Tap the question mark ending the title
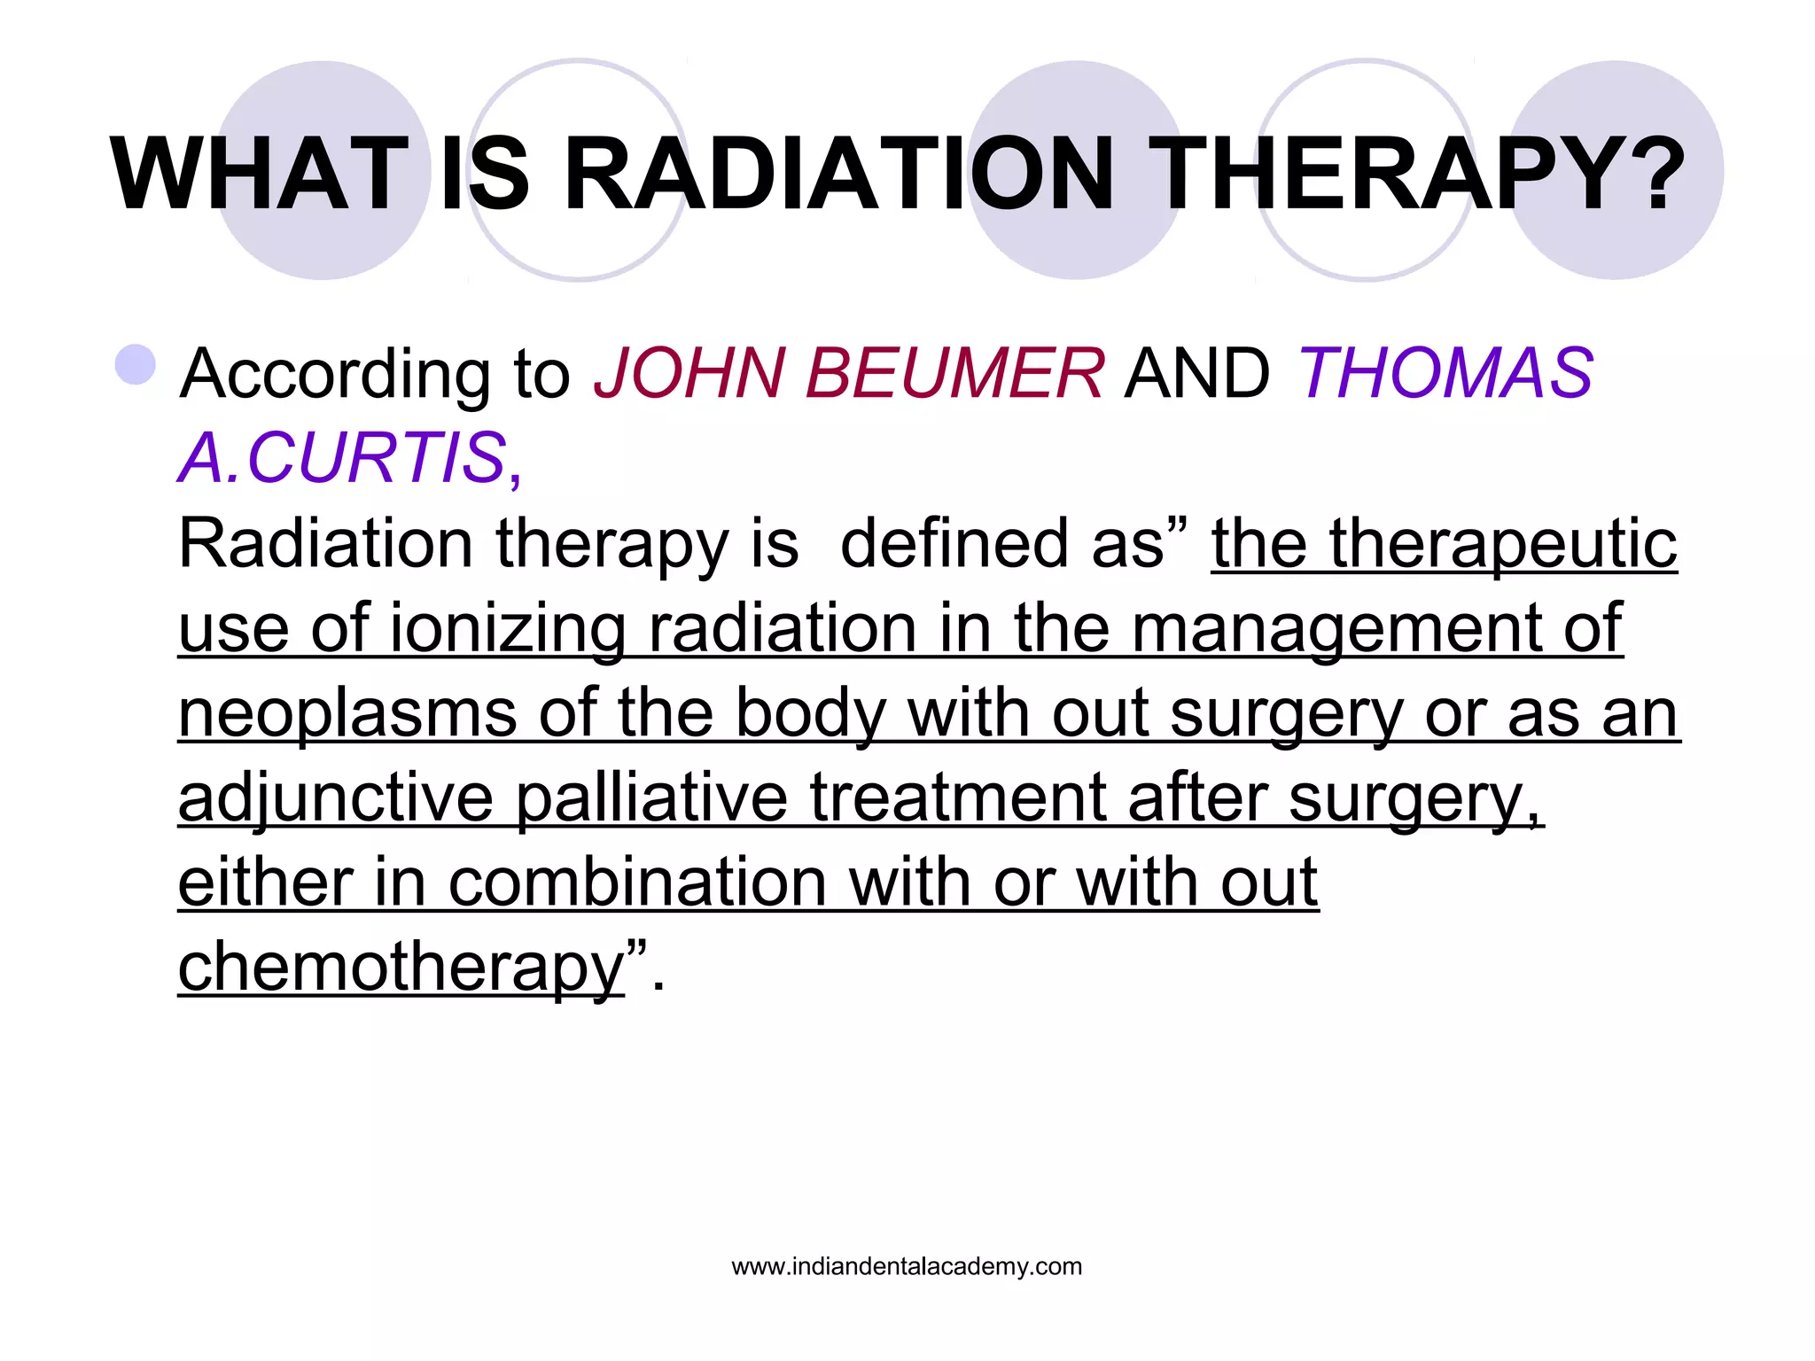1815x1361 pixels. click(1648, 175)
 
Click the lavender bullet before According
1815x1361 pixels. click(136, 365)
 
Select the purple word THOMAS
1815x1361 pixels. click(1445, 373)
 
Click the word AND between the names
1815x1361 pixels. click(1196, 373)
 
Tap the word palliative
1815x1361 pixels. click(651, 797)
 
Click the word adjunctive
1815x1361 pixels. click(335, 797)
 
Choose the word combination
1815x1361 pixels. click(637, 883)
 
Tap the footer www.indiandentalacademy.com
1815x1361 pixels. click(907, 1266)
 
